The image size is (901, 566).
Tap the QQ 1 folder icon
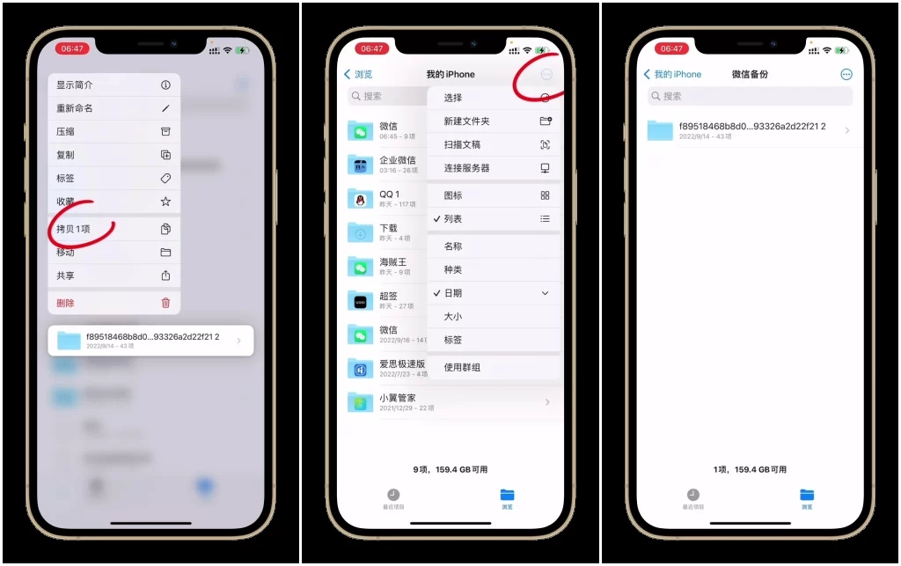point(360,199)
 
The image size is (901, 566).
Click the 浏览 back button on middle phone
point(358,75)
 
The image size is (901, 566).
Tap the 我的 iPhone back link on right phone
point(673,75)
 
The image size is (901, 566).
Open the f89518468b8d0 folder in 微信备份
point(748,130)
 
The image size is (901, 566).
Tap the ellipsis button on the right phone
point(846,75)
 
